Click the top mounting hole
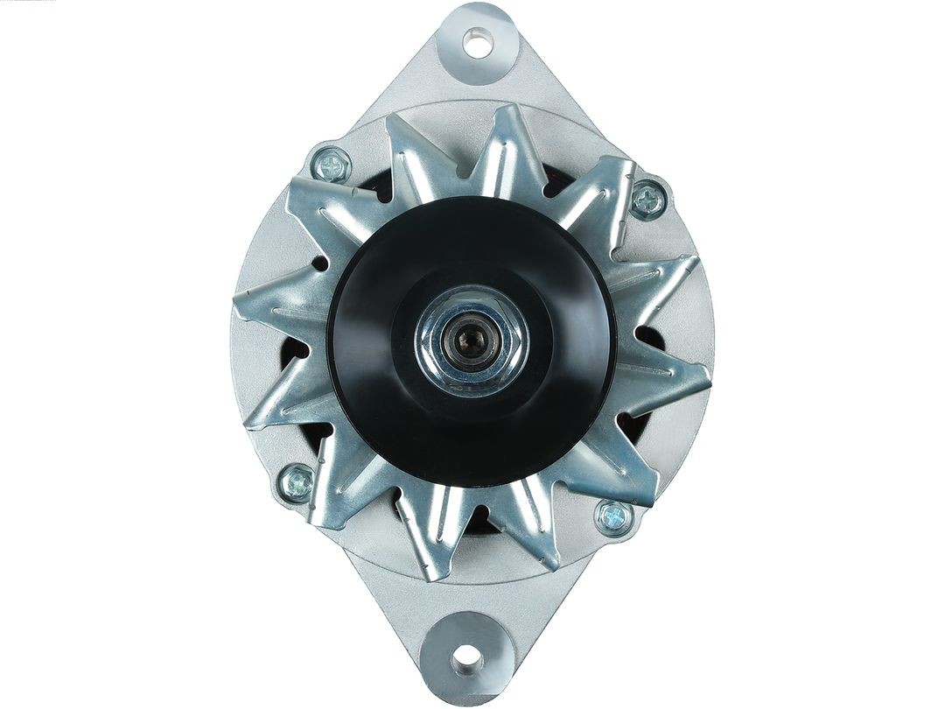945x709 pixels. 478,42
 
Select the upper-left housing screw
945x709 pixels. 332,165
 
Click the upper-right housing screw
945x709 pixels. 648,200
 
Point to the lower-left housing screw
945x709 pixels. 297,482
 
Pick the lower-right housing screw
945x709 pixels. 614,516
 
